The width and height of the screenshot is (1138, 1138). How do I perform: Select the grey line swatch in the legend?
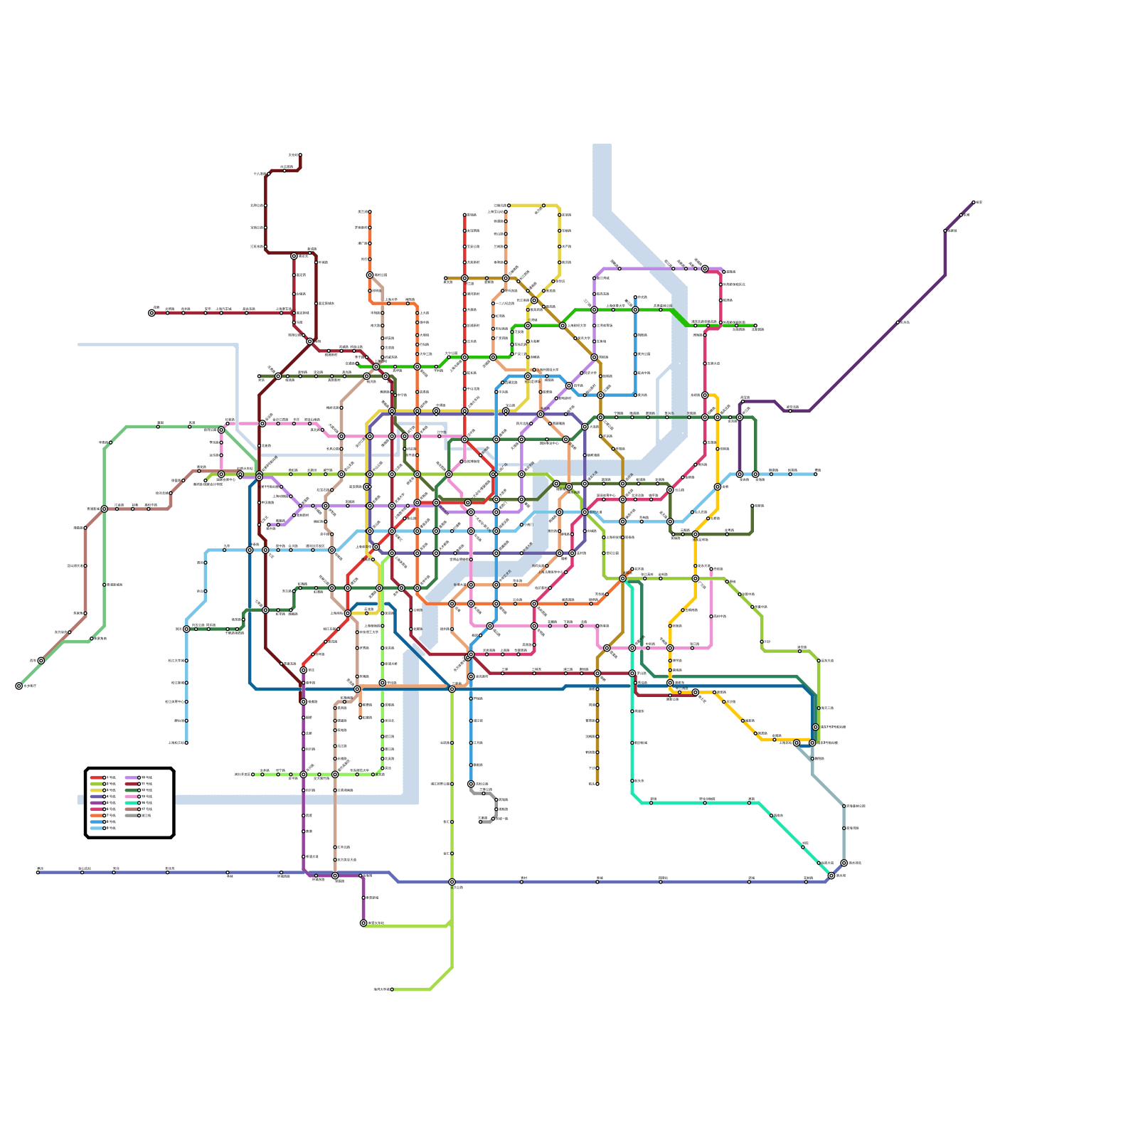131,815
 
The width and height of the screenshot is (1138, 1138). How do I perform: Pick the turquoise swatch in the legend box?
131,803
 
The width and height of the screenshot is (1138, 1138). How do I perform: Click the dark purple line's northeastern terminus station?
974,203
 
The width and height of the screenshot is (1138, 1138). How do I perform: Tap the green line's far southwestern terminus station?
18,686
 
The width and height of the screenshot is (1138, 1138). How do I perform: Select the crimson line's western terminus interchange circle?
151,313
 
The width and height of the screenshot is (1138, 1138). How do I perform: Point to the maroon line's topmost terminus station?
300,155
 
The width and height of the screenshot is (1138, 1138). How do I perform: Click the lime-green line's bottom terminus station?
391,989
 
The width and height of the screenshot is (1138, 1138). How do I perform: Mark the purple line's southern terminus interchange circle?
363,923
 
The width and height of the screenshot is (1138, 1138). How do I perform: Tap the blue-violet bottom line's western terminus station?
38,873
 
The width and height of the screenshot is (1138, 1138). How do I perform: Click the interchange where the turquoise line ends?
831,876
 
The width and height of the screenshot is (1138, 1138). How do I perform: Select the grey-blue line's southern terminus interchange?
844,863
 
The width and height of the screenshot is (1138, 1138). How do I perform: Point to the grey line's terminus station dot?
480,822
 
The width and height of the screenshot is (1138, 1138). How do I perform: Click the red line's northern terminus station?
464,215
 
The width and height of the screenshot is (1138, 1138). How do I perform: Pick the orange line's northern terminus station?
370,212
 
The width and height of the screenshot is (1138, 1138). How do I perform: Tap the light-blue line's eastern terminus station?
816,474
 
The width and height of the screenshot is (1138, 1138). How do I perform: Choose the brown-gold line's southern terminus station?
597,784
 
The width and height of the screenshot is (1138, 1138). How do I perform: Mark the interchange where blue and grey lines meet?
471,784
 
